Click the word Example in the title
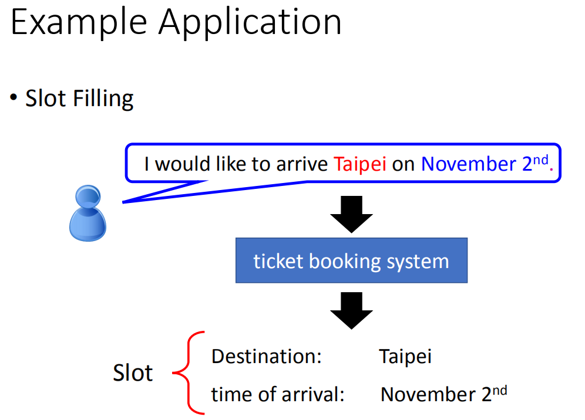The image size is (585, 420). pos(79,23)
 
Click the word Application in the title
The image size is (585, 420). pos(250,23)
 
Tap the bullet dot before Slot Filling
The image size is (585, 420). pos(14,97)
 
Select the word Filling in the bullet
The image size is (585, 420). pos(103,99)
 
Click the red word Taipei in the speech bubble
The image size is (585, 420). pos(359,164)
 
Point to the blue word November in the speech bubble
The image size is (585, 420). pos(469,164)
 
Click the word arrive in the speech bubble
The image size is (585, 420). pos(302,164)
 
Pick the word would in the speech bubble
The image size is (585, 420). pos(183,164)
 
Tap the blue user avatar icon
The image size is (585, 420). pos(88,213)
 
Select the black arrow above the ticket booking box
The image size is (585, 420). pos(351,214)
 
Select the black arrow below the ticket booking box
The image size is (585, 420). pos(351,310)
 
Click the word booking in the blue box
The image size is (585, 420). pos(345,262)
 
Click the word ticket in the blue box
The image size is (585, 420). pos(278,261)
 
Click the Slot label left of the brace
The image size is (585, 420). pos(133,372)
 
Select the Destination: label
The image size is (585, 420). pos(267,356)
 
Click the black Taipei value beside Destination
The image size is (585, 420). pos(405,357)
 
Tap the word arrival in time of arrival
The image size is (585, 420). pos(312,394)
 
